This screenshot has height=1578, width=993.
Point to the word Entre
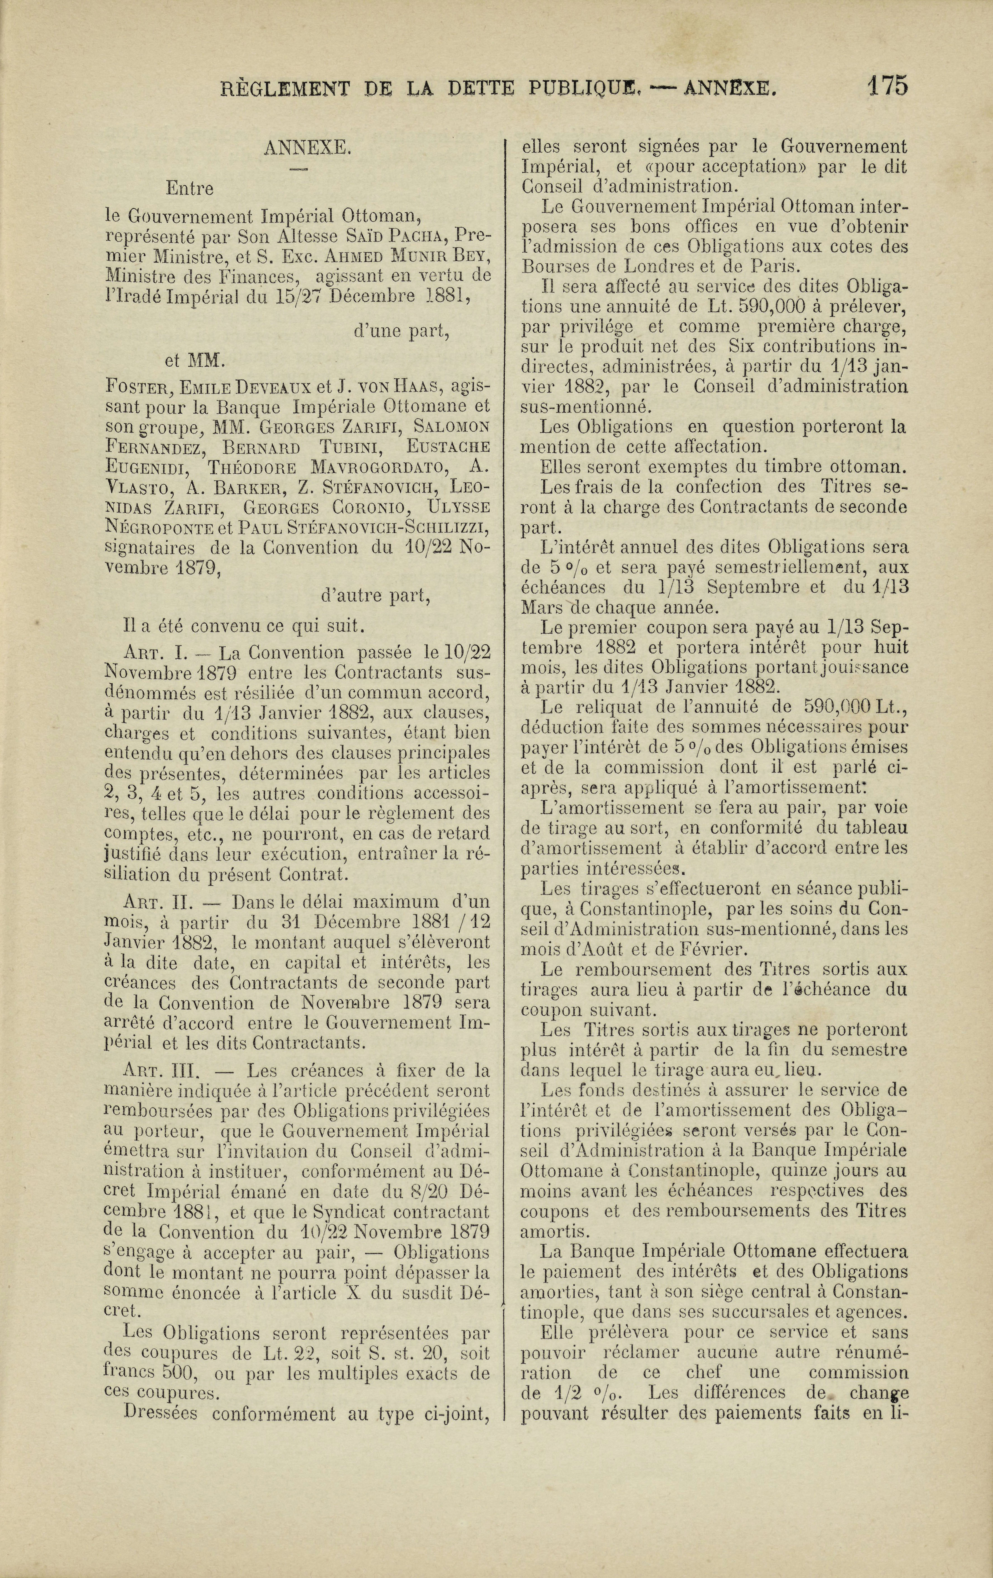[x=190, y=189]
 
